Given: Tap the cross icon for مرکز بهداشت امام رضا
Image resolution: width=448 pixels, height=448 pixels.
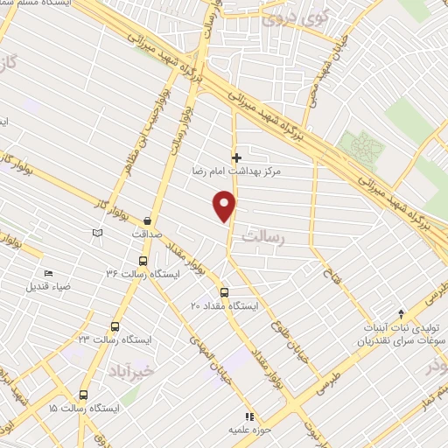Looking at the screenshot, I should pyautogui.click(x=236, y=157).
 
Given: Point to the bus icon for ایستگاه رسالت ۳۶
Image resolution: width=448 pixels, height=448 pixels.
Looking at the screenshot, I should pyautogui.click(x=143, y=260).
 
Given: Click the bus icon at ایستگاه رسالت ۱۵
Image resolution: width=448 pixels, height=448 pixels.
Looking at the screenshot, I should pyautogui.click(x=83, y=395).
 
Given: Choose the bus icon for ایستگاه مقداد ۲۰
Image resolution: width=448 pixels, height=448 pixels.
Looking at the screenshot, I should pyautogui.click(x=224, y=292).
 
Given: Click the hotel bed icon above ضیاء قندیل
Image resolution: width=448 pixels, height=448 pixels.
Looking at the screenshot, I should pyautogui.click(x=47, y=273).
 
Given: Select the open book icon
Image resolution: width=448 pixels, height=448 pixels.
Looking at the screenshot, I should pyautogui.click(x=97, y=232).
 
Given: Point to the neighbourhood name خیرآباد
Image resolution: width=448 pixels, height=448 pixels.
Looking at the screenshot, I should pyautogui.click(x=135, y=370).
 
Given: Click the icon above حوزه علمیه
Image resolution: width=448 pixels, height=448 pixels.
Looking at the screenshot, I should pyautogui.click(x=249, y=416).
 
